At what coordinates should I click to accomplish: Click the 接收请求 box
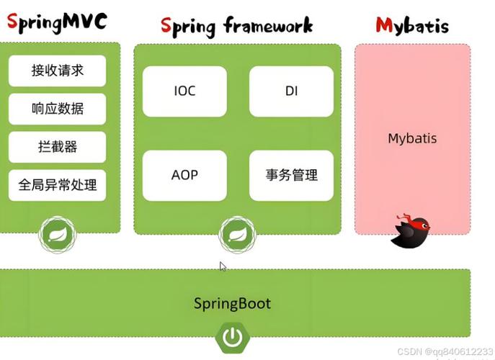(58, 71)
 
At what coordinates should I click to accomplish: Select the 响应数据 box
(58, 109)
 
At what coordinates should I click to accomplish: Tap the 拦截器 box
(58, 147)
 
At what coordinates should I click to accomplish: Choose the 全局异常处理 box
(58, 185)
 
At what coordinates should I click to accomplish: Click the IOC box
(184, 91)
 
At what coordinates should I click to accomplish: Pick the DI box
(291, 91)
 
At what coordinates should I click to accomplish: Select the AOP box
(184, 175)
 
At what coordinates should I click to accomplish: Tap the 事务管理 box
(291, 175)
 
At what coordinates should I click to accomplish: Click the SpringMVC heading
(57, 22)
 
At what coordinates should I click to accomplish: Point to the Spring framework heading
(237, 27)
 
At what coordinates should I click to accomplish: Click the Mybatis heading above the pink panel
(412, 27)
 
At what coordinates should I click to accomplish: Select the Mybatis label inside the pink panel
(412, 138)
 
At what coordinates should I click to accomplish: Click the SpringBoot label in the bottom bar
(233, 303)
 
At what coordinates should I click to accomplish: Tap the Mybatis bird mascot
(410, 230)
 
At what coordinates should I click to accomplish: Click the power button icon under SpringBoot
(232, 336)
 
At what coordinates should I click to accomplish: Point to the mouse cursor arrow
(222, 266)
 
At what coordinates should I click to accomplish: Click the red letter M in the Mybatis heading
(384, 27)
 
